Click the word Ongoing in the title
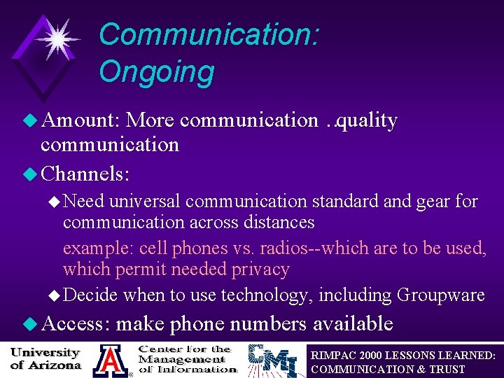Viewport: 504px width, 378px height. coord(156,71)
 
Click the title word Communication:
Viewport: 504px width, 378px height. coord(209,34)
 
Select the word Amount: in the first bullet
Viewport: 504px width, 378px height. coord(82,120)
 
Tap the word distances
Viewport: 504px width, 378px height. coord(276,223)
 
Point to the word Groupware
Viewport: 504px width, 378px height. coord(440,295)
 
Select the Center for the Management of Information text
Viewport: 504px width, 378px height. coord(185,358)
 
